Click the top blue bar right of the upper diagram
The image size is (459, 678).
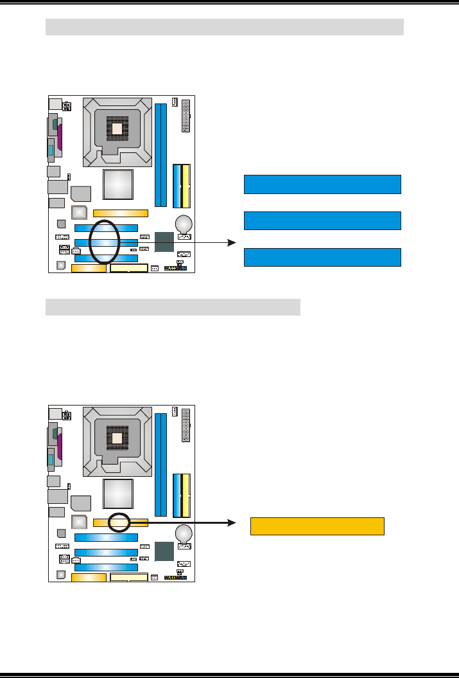(x=322, y=184)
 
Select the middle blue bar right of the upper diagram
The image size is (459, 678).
(x=322, y=220)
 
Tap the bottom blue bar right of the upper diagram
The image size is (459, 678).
(x=322, y=257)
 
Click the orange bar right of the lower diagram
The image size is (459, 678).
(x=317, y=526)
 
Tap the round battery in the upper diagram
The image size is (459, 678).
(x=185, y=223)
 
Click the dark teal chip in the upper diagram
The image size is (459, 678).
(x=164, y=242)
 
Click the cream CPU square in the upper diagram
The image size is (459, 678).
(x=117, y=129)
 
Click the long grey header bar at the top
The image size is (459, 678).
(x=225, y=27)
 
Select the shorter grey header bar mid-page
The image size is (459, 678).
(x=173, y=307)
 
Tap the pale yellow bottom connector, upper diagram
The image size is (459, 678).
(x=129, y=268)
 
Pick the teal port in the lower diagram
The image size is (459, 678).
(x=50, y=460)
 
